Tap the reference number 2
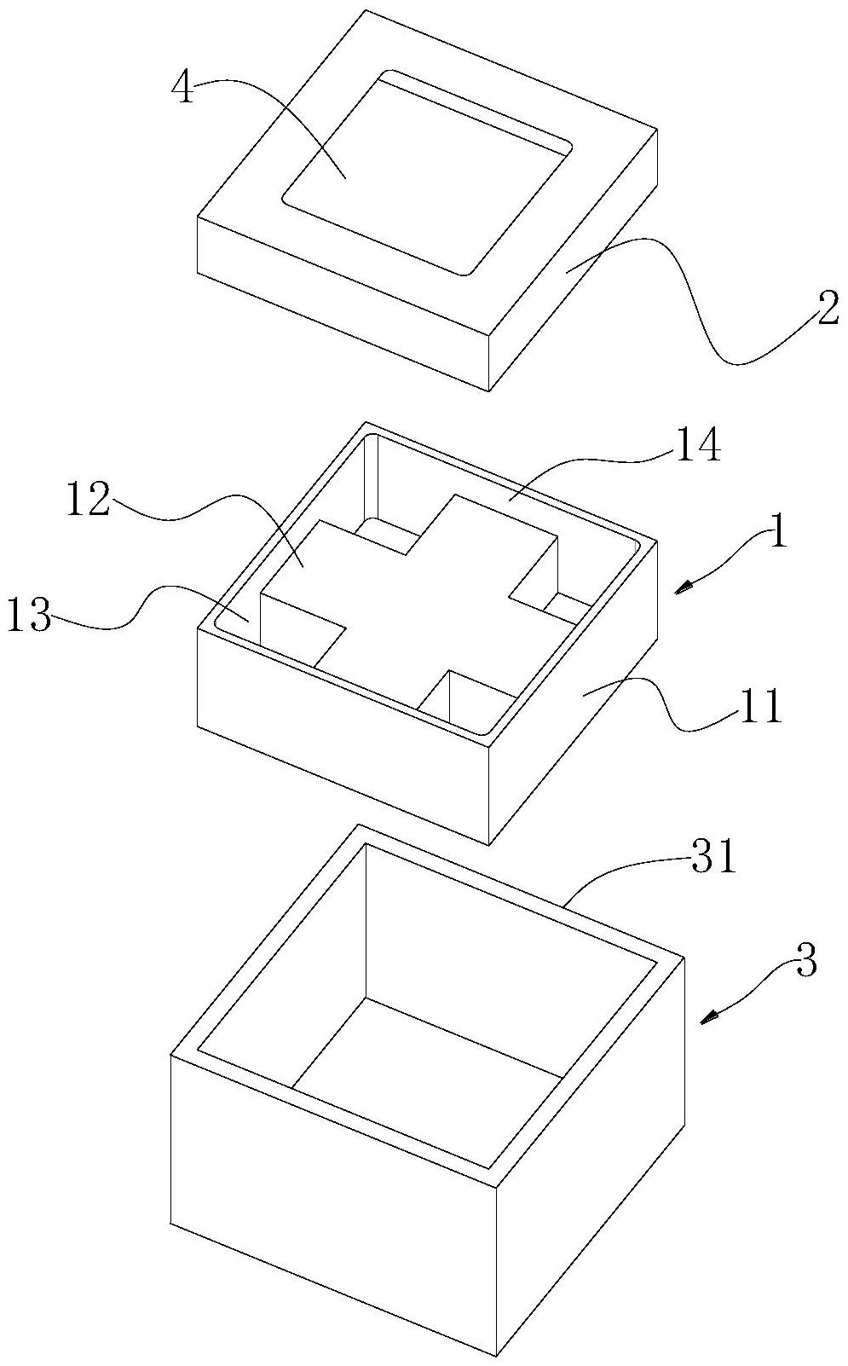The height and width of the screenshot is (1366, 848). click(827, 313)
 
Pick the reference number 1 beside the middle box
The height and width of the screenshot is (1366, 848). click(777, 532)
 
